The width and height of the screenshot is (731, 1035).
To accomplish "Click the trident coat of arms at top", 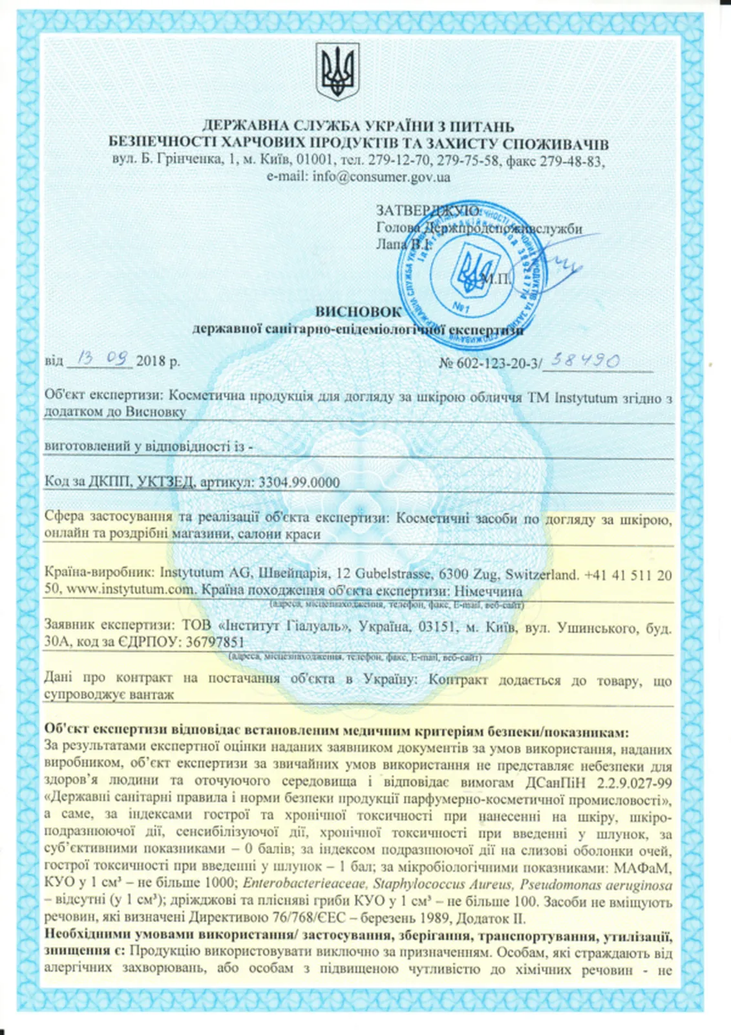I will [338, 71].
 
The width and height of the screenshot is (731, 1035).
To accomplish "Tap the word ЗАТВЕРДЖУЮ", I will [427, 211].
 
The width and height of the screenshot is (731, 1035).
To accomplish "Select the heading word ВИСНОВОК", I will [358, 311].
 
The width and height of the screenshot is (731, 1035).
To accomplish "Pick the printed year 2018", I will [151, 362].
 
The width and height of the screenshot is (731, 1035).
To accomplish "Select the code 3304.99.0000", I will [299, 482].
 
